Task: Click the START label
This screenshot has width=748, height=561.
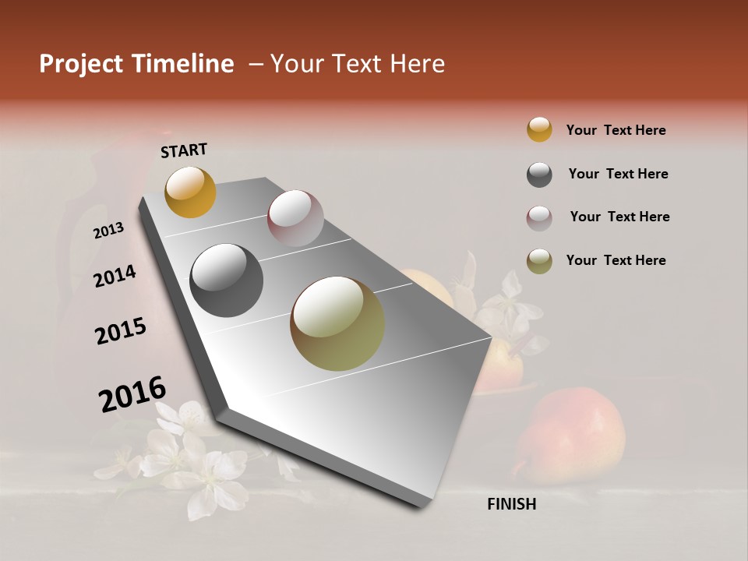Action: (x=184, y=150)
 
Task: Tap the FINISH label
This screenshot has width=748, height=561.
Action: (x=512, y=504)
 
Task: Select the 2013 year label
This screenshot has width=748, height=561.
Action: (x=109, y=231)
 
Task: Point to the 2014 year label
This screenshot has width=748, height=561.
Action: (x=115, y=277)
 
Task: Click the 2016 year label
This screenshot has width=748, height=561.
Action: (x=132, y=394)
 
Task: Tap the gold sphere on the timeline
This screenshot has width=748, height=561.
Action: (x=191, y=192)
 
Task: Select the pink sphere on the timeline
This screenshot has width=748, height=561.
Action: (x=295, y=218)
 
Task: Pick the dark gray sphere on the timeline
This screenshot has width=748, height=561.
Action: (x=226, y=280)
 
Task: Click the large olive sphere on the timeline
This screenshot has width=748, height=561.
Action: (x=337, y=323)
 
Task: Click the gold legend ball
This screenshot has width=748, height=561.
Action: (x=539, y=130)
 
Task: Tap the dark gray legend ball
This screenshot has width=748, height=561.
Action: (x=539, y=175)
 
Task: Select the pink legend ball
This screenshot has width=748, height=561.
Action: (x=539, y=218)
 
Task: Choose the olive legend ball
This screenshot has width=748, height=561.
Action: (x=539, y=261)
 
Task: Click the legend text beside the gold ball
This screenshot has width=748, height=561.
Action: (x=616, y=130)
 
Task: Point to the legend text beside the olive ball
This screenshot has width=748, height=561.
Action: (x=616, y=260)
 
